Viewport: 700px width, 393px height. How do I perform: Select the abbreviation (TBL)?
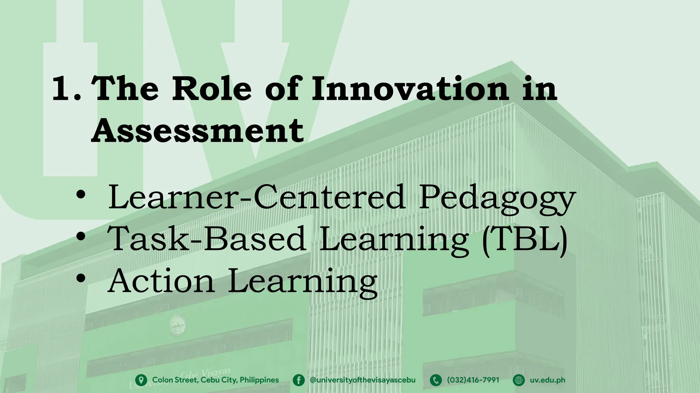pyautogui.click(x=524, y=239)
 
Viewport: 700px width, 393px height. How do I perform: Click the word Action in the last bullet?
pyautogui.click(x=161, y=281)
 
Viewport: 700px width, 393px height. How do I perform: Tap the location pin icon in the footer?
pyautogui.click(x=141, y=380)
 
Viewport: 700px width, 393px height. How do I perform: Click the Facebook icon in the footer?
pyautogui.click(x=299, y=380)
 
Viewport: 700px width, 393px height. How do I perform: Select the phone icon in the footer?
pyautogui.click(x=436, y=380)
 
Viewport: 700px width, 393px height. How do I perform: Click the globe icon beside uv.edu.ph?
pyautogui.click(x=519, y=380)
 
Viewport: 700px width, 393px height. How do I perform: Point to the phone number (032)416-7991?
pyautogui.click(x=473, y=380)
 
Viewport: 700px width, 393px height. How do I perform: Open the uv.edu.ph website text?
pyautogui.click(x=548, y=380)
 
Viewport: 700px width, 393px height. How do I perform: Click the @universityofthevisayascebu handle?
pyautogui.click(x=362, y=380)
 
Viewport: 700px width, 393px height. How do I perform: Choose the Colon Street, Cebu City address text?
pyautogui.click(x=215, y=380)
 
